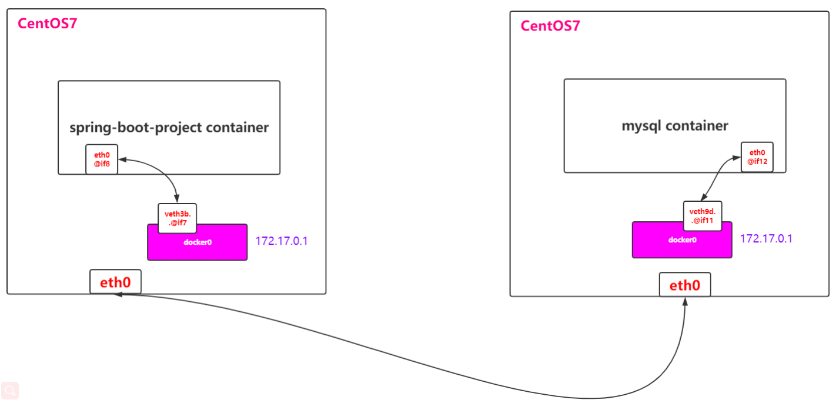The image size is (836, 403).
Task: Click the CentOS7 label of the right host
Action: (550, 26)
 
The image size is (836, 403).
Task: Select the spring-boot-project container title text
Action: (169, 127)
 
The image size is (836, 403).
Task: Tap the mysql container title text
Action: (675, 125)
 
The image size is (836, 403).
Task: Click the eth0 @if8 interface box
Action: (102, 159)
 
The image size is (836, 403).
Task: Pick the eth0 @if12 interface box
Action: (757, 157)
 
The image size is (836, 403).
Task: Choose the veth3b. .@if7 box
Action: (177, 218)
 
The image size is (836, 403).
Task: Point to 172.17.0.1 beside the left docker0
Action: (282, 241)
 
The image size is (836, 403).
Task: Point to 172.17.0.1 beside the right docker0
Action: (766, 239)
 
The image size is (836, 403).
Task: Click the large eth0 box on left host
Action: (115, 282)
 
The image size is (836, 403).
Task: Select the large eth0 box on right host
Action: (685, 285)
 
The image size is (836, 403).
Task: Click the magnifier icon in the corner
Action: (10, 390)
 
